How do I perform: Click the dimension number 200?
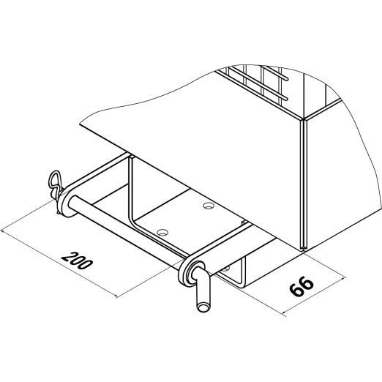tap(77, 261)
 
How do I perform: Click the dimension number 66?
tap(301, 286)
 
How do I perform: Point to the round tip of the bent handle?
tap(203, 307)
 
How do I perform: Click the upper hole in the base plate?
tap(209, 206)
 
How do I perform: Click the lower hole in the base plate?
tap(162, 232)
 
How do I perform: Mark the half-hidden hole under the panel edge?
tap(225, 269)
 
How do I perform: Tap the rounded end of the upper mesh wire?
tap(286, 79)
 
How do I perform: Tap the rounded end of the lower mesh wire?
tap(286, 99)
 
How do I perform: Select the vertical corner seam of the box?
tap(304, 185)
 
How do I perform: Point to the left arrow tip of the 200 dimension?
tap(2, 230)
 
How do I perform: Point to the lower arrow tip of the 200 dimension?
tap(117, 297)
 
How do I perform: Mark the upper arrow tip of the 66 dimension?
tap(345, 277)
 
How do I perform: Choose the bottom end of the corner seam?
tap(304, 251)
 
